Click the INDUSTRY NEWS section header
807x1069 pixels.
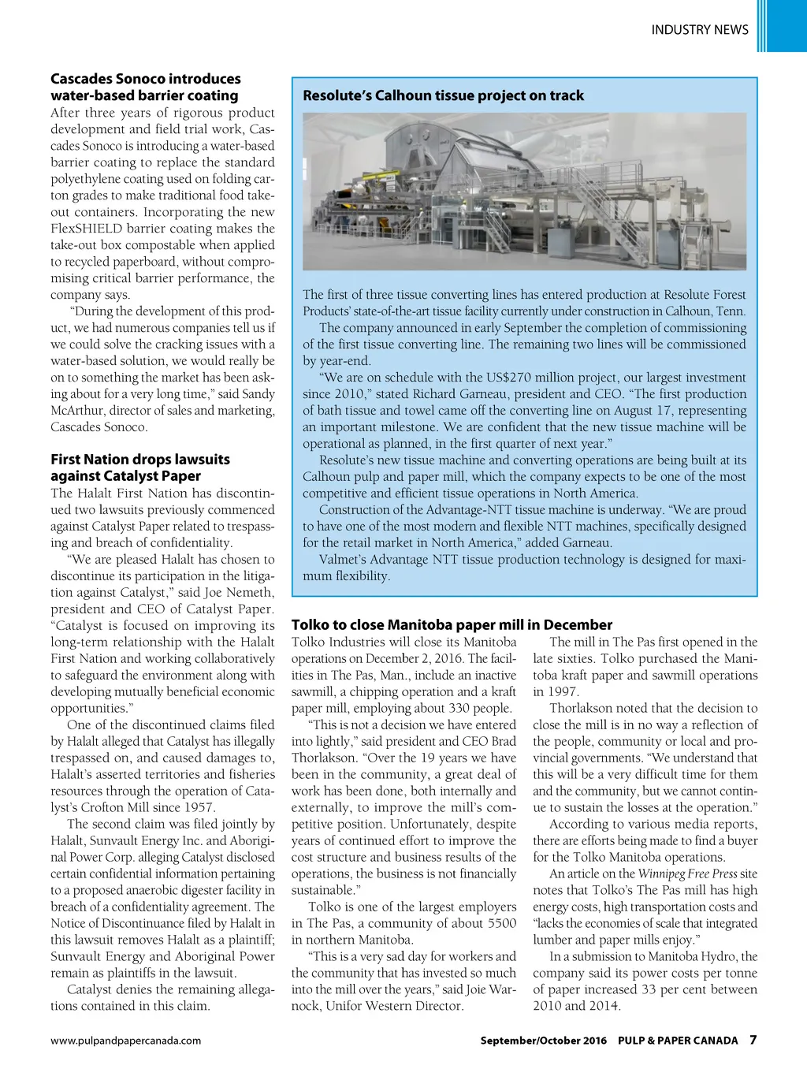[699, 30]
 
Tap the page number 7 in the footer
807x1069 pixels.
[753, 1040]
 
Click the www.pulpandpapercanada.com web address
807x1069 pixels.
[125, 1041]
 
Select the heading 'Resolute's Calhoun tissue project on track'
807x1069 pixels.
[443, 95]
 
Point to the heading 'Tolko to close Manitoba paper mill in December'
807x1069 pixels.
[452, 624]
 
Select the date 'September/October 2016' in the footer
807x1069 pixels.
[543, 1041]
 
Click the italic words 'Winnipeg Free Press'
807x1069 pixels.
[687, 873]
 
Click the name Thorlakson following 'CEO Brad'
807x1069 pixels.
[324, 758]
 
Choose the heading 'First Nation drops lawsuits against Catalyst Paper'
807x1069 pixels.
[140, 467]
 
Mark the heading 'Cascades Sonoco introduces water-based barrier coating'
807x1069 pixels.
[145, 87]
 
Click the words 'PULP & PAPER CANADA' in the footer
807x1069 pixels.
[678, 1041]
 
